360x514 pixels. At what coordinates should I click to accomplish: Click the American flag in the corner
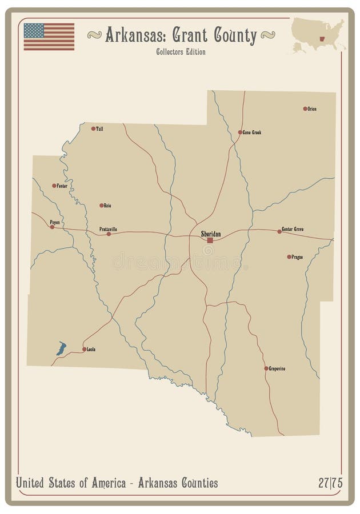(x=49, y=37)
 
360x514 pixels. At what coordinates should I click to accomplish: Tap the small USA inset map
(x=318, y=35)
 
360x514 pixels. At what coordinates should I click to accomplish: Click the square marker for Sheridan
(x=210, y=240)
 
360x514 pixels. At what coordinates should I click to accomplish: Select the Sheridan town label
(x=210, y=234)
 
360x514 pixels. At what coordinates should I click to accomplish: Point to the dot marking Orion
(x=305, y=109)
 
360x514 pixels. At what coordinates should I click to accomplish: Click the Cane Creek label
(x=252, y=132)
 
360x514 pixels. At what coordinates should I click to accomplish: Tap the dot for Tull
(x=93, y=128)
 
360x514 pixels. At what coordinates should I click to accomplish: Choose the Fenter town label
(x=62, y=186)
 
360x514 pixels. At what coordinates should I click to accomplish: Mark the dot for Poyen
(x=52, y=227)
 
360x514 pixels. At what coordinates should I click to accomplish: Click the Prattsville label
(x=108, y=229)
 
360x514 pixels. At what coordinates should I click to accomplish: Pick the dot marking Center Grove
(x=279, y=231)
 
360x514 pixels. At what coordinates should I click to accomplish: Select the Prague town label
(x=297, y=257)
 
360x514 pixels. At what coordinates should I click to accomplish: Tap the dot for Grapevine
(x=266, y=368)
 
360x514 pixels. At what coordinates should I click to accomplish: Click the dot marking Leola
(x=84, y=349)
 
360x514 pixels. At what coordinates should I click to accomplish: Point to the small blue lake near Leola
(x=61, y=348)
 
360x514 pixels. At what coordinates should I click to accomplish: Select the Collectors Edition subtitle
(x=180, y=52)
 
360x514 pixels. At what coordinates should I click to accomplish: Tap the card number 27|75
(x=330, y=483)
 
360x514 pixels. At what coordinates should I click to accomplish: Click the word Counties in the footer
(x=195, y=483)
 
